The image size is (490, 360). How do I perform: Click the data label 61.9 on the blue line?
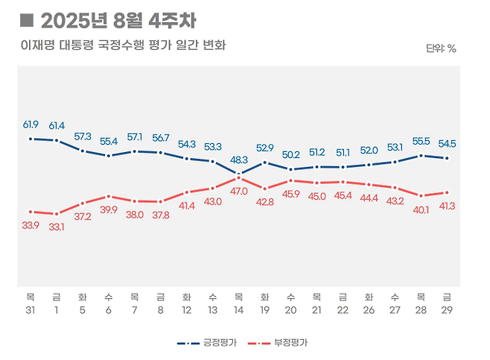point(31,124)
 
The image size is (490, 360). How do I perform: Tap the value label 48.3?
point(238,160)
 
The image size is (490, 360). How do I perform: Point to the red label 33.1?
point(57,227)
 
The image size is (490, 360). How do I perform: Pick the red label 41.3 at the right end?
point(446,206)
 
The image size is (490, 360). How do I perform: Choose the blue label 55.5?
point(421,140)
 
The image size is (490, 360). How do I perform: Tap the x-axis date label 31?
point(31,309)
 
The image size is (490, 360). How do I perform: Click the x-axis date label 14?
point(238,309)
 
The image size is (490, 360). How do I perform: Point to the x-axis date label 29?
point(447,309)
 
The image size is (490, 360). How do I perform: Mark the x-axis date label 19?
point(264,309)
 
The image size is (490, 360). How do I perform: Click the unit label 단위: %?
point(441,48)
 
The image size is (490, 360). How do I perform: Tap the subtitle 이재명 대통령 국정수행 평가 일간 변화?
point(123,45)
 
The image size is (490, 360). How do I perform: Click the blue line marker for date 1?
point(57,140)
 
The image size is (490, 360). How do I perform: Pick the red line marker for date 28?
point(421,195)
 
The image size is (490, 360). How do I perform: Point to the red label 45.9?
point(290,195)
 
